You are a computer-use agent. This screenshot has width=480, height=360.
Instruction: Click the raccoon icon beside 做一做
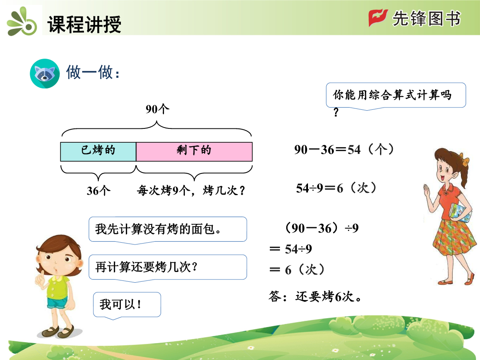pos(45,73)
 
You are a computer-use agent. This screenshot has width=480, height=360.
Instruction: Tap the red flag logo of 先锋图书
pos(378,18)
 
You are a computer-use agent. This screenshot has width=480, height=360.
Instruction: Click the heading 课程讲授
pos(84,24)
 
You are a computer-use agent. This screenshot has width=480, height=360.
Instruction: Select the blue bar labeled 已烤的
pos(98,152)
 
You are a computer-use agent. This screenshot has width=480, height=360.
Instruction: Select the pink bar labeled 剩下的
pos(194,152)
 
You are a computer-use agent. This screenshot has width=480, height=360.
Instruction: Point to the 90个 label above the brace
pos(157,109)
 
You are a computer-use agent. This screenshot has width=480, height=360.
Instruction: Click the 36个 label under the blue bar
pos(98,191)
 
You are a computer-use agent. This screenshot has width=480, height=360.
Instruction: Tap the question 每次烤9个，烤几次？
pos(191,190)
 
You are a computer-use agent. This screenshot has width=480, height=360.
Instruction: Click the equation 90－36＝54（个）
pos(344,149)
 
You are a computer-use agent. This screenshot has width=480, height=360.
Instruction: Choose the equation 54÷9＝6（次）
pos(336,188)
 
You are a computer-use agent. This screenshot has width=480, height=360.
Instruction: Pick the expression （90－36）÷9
pos(321,228)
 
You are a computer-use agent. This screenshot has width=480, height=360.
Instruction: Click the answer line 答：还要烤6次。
pos(315,296)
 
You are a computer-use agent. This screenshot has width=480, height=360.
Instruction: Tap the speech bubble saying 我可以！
pos(127,305)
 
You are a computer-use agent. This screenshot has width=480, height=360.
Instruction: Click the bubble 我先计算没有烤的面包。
pos(168,230)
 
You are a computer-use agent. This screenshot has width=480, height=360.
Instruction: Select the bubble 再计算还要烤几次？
pos(168,267)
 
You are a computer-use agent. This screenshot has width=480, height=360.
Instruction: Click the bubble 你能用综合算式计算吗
pos(396,96)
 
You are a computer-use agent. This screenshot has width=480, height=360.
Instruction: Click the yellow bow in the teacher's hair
pos(465,161)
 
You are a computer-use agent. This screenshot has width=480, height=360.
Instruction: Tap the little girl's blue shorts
pos(57,303)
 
